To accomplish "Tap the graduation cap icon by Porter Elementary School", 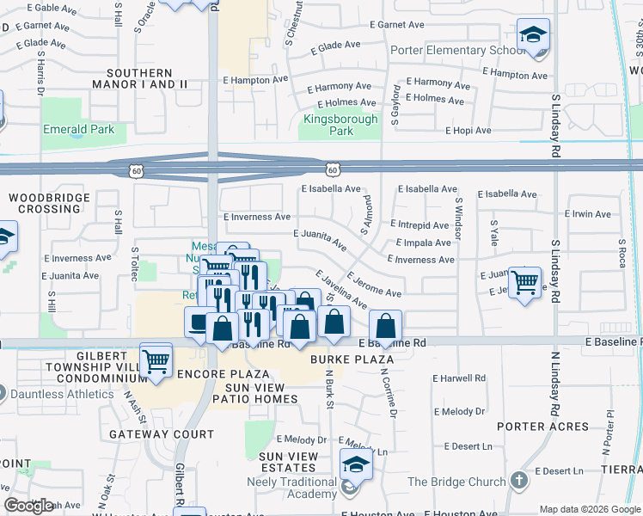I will (533, 36).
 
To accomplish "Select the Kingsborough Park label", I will (340, 126).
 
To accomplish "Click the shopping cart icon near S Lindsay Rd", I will (524, 282).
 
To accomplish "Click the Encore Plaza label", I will (224, 375).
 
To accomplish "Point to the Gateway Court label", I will (150, 435).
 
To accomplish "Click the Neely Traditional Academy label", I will (298, 488).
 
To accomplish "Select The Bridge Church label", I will (456, 482).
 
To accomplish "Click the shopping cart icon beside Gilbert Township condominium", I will (156, 360).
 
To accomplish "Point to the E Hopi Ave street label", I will (468, 131).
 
